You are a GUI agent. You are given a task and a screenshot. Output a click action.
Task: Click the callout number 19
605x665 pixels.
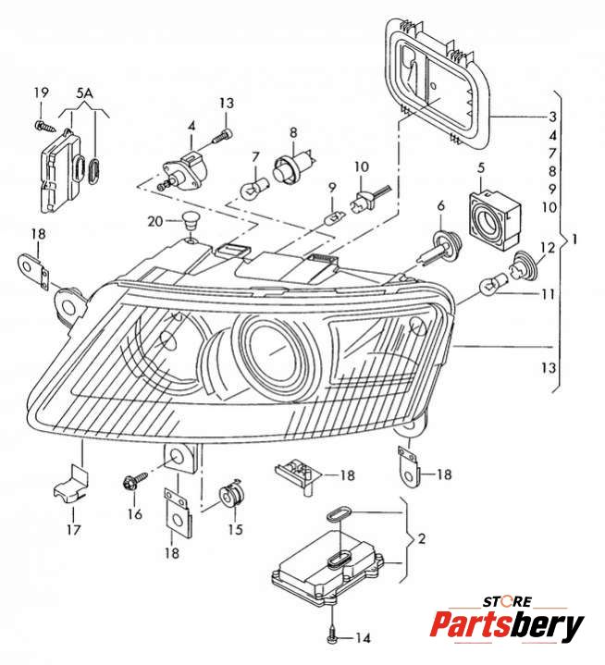coord(41,92)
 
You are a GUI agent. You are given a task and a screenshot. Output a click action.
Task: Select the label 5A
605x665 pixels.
coord(85,93)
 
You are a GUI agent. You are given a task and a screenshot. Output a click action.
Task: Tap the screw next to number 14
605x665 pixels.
coord(331,635)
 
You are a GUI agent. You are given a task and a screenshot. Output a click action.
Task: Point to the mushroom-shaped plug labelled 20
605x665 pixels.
coord(191,222)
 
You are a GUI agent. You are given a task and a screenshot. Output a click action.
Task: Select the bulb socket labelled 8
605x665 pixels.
coord(290,170)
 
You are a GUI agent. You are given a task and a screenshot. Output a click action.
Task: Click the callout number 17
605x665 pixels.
coord(73,530)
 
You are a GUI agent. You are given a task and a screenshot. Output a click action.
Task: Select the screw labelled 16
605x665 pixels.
coord(130,482)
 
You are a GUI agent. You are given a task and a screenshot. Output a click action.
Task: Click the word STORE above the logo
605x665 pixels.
coord(510,601)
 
